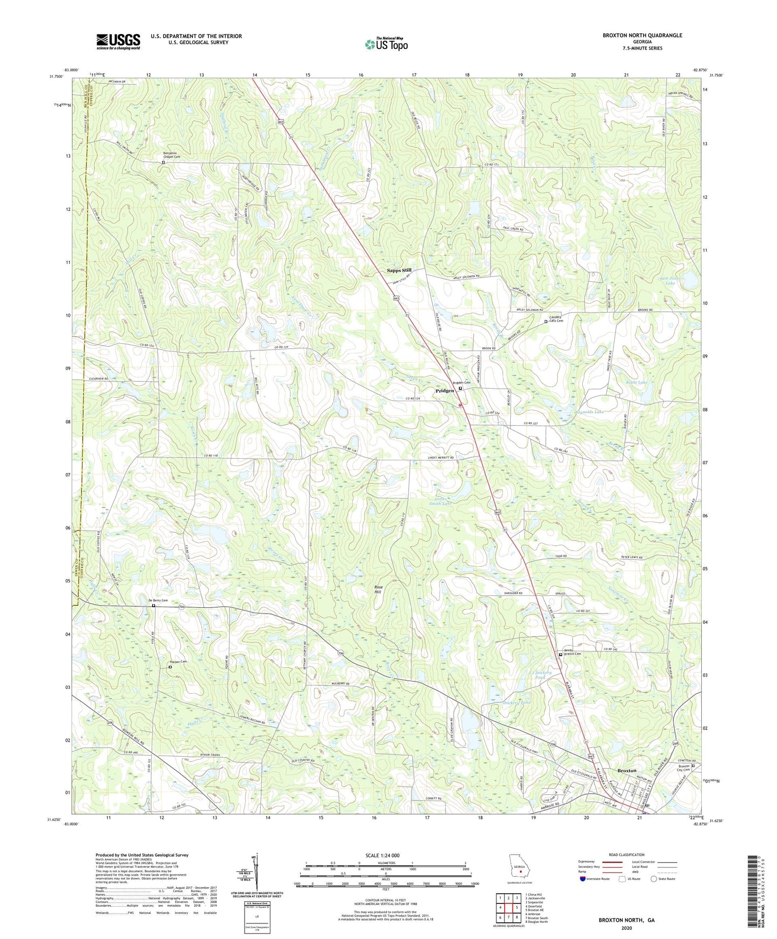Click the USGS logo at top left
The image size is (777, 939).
pos(118,41)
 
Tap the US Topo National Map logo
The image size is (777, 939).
pos(386,44)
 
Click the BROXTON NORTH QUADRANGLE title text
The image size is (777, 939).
pos(642,35)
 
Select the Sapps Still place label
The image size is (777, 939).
pos(399,271)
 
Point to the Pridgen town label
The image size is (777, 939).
pos(445,391)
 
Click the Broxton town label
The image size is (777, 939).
pos(626,771)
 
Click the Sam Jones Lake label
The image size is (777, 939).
pos(670,280)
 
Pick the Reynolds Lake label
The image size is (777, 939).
pos(590,412)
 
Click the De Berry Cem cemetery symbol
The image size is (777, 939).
pos(153,606)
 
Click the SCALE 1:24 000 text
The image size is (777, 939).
pos(382,856)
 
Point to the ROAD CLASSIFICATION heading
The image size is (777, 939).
pos(626,855)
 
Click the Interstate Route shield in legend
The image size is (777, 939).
pos(583,879)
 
